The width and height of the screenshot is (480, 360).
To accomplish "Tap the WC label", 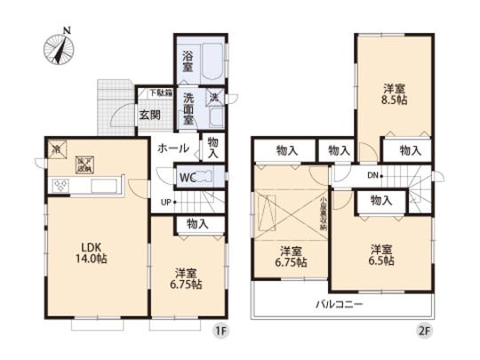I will tap(187, 177).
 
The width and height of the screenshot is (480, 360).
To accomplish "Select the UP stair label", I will tap(165, 204).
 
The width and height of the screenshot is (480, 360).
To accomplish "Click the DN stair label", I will tap(374, 174).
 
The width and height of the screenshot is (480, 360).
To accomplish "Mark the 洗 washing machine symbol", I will tap(215, 97).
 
